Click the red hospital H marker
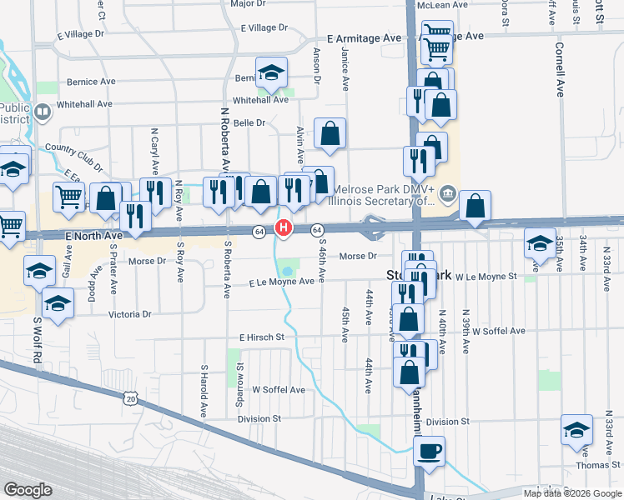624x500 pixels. [x=284, y=227]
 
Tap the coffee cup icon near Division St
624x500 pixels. [x=429, y=451]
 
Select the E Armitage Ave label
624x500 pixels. [x=365, y=38]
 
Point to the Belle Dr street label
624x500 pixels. [x=249, y=122]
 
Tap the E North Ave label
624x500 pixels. [x=93, y=237]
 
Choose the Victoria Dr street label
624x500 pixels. [x=130, y=314]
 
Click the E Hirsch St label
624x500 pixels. [x=262, y=337]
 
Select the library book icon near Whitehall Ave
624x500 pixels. [x=42, y=110]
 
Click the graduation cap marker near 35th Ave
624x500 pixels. [x=540, y=243]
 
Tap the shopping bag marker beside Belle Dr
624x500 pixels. [x=330, y=132]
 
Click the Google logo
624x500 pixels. [x=29, y=489]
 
